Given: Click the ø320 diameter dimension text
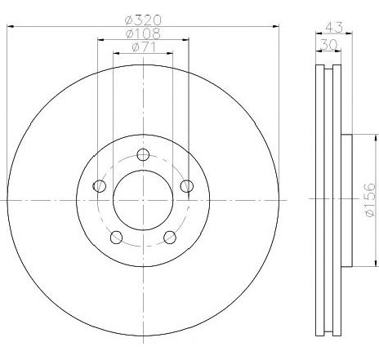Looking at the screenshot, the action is tap(143, 20).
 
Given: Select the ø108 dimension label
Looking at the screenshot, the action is tap(143, 33).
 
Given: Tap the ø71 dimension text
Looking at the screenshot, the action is tap(144, 47).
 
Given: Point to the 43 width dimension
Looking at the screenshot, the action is tap(334, 27).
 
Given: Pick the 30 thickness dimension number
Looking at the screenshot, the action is tap(328, 45).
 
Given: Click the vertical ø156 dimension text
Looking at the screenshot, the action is tap(370, 200).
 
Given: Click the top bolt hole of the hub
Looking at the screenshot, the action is tap(143, 155).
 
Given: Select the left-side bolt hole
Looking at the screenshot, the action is tap(100, 186).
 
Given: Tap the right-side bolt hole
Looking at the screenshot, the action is tap(187, 186).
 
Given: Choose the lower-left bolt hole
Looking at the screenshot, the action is tap(116, 238).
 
